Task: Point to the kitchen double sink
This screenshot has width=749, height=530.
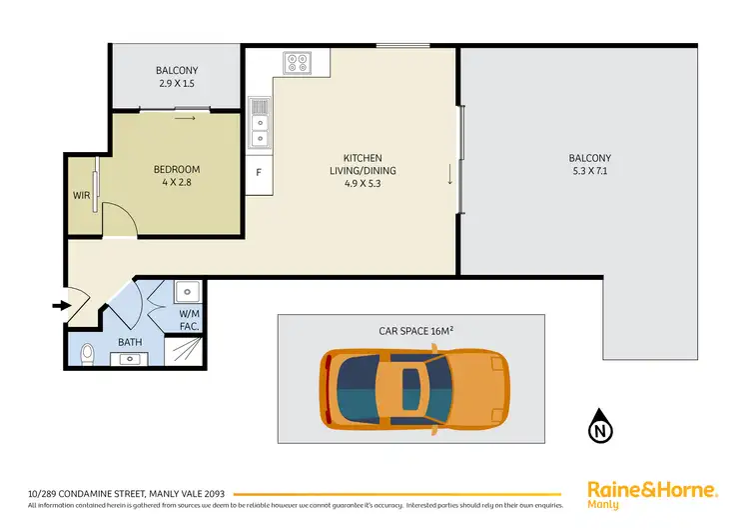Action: (x=260, y=124)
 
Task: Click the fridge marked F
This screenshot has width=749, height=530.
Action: (x=259, y=172)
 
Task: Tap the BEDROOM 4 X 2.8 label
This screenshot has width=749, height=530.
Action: (x=176, y=176)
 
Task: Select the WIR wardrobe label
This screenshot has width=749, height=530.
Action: (x=81, y=196)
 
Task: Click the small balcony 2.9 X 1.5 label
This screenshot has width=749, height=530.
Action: (x=178, y=78)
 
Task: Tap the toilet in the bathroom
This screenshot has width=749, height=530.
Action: (x=88, y=353)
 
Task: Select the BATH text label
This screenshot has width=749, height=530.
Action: (x=130, y=341)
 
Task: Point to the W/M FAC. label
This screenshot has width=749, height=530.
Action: (x=190, y=318)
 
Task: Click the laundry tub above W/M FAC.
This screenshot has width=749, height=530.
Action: (x=189, y=292)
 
